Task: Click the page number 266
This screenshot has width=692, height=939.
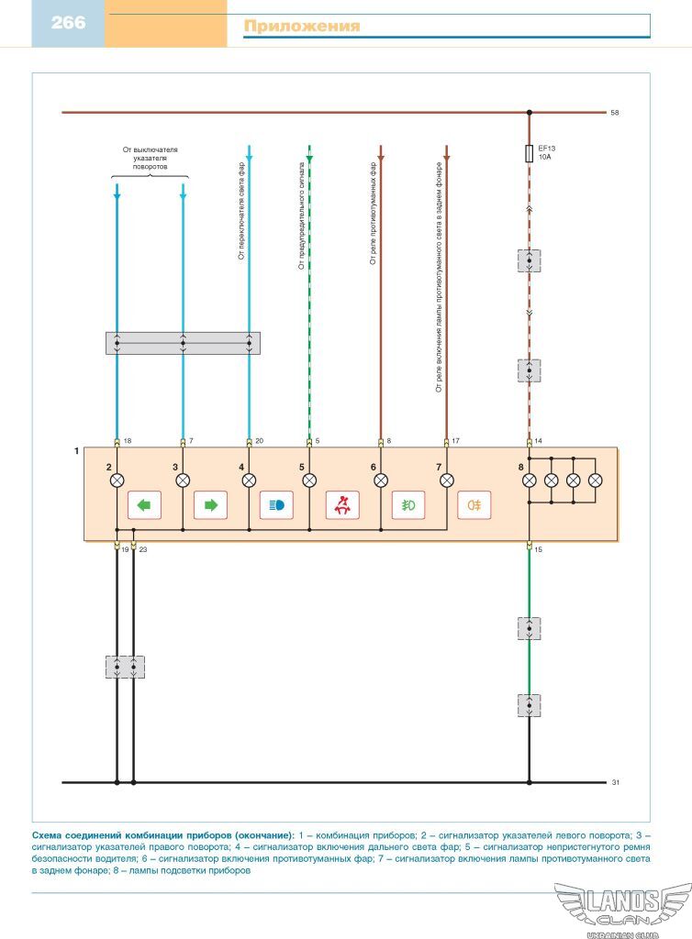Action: point(68,23)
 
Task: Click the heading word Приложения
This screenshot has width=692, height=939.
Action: point(301,27)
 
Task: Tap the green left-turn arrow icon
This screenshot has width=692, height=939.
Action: point(144,505)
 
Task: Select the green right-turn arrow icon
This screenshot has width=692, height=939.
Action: point(210,505)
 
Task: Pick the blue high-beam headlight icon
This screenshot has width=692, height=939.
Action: point(276,505)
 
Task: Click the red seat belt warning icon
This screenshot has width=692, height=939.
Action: point(342,505)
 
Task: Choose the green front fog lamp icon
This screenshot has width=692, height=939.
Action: point(408,505)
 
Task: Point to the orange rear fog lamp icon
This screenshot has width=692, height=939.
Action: point(474,505)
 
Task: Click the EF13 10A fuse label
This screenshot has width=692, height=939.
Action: point(547,152)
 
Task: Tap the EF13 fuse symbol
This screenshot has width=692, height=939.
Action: point(529,153)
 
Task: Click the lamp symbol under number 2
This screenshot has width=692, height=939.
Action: point(117,480)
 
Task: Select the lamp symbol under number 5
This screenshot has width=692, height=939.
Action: point(309,480)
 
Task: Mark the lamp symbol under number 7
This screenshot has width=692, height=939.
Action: point(447,480)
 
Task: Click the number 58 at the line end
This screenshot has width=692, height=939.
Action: point(615,113)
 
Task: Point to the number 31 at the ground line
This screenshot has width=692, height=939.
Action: point(615,782)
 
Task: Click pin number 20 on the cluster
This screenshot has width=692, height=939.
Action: point(259,441)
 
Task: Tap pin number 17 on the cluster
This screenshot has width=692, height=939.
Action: point(455,441)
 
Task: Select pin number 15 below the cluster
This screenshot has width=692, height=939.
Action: point(538,549)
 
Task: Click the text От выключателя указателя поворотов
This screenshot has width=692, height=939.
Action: point(150,158)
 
